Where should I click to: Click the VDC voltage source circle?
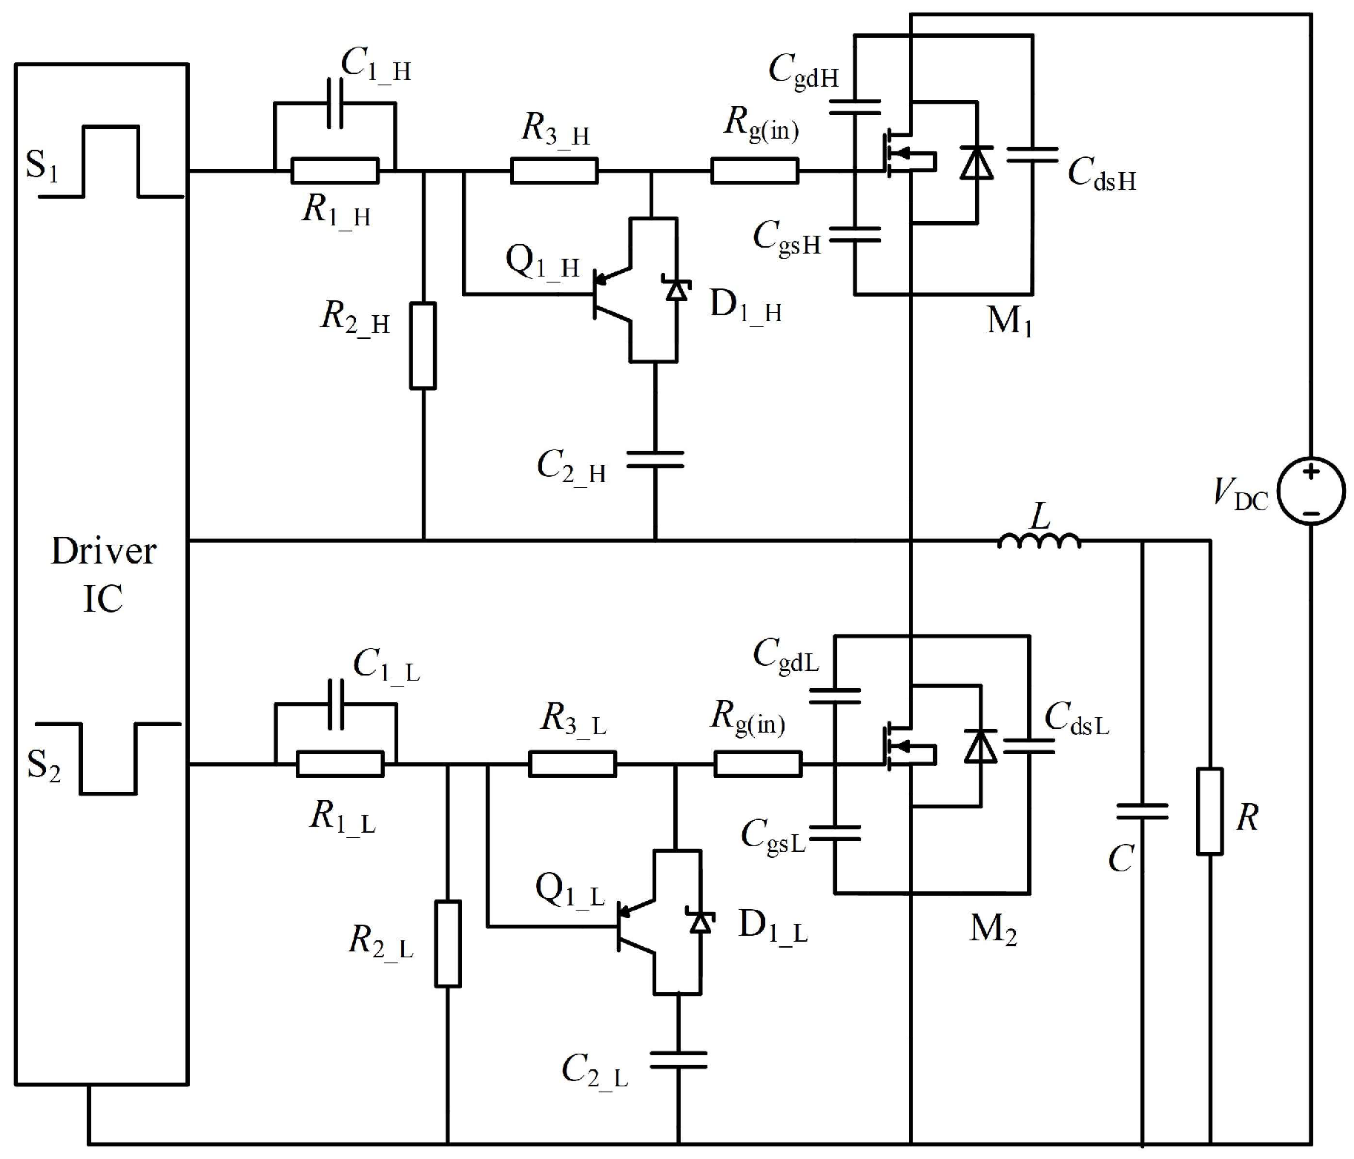click(x=1311, y=491)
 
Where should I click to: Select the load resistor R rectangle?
click(x=1209, y=811)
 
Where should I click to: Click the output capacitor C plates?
click(x=1142, y=811)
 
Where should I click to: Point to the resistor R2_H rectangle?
click(x=423, y=346)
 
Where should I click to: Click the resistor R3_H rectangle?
click(x=554, y=171)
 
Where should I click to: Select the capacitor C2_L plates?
click(x=678, y=1060)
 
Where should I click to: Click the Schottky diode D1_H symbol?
click(x=676, y=288)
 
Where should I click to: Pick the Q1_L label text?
click(x=569, y=890)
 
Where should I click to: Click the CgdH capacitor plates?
click(x=854, y=108)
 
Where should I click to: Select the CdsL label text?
click(x=1077, y=718)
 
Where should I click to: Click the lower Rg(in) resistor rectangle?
click(x=758, y=764)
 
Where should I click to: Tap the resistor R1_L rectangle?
click(x=340, y=764)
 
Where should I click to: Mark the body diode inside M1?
click(x=977, y=162)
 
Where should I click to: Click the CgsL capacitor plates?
click(x=834, y=833)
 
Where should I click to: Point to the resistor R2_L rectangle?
click(x=448, y=943)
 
